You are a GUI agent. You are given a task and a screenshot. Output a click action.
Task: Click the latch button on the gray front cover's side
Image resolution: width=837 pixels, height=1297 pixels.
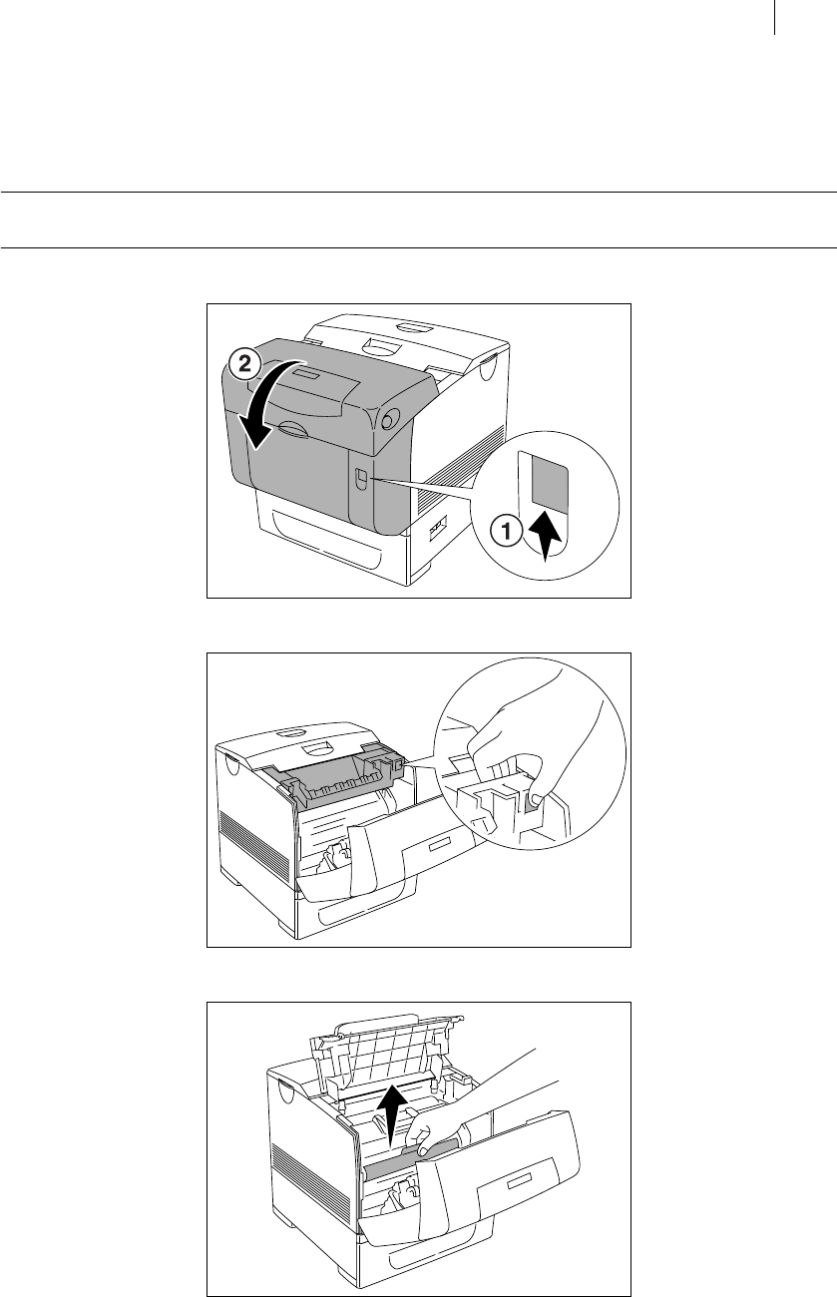pos(358,482)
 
